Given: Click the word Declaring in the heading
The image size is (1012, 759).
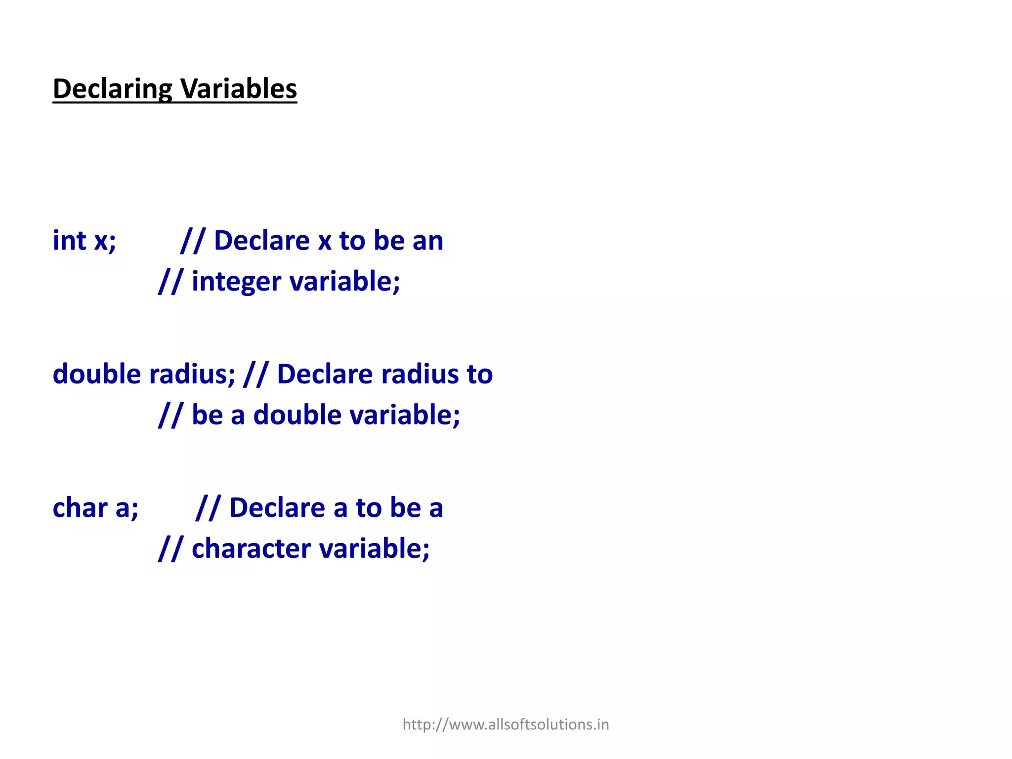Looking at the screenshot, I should coord(112,89).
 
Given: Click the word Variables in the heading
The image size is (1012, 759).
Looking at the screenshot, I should coord(238,89).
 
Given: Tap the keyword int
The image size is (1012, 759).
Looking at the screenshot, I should coord(70,241).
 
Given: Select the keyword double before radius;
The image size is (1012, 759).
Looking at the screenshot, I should coord(97,374).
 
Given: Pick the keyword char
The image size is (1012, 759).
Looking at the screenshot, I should coord(80,508).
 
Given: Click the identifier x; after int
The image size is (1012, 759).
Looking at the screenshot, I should coord(105,241).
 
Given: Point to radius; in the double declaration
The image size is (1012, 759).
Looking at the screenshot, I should coord(192,374).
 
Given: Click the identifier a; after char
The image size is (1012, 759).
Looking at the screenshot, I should coord(126,508).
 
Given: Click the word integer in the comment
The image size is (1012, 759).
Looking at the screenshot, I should coord(236,282).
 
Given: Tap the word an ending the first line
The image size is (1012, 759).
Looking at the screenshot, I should coord(428,241).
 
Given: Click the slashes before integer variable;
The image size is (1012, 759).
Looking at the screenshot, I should coord(170,282).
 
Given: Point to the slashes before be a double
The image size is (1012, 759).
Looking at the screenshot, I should coord(170,415).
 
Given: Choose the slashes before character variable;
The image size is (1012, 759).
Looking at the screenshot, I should coord(170,548).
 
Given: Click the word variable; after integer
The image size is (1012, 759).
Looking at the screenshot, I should coord(344,282).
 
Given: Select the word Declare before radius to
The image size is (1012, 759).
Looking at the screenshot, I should coord(325,374).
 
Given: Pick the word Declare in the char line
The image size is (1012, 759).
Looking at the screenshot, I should coord(277,508).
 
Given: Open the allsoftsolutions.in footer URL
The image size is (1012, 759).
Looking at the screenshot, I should coord(506,724).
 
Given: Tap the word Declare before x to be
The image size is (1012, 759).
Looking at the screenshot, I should coord(261,241).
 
